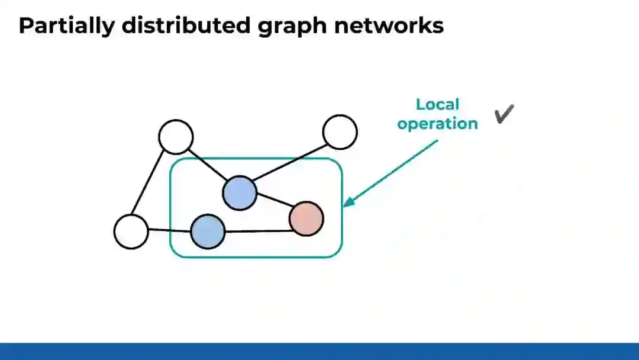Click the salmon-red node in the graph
click(x=306, y=218)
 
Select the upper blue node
click(x=240, y=192)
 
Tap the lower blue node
click(x=208, y=231)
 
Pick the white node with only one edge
click(x=340, y=131)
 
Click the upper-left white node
click(x=176, y=137)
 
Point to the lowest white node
click(x=131, y=232)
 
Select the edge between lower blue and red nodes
click(x=257, y=231)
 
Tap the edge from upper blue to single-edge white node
click(x=290, y=162)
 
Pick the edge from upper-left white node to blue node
click(x=208, y=165)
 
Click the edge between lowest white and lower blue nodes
click(x=169, y=230)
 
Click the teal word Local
click(x=437, y=105)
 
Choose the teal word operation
click(x=437, y=124)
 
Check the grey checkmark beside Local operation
click(x=504, y=114)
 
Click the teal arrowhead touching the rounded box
click(x=348, y=202)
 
